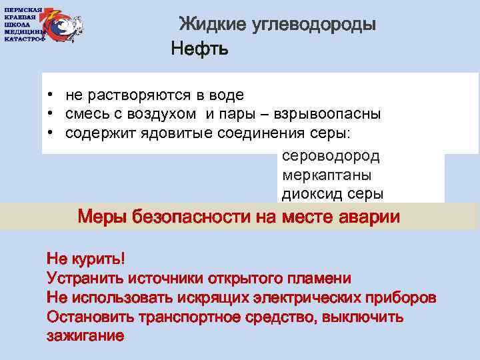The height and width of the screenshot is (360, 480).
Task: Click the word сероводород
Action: point(331,157)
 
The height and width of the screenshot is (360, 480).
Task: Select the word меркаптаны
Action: point(327,175)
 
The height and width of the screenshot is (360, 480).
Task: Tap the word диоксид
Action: point(307,194)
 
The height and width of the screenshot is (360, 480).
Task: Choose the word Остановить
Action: point(86,317)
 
